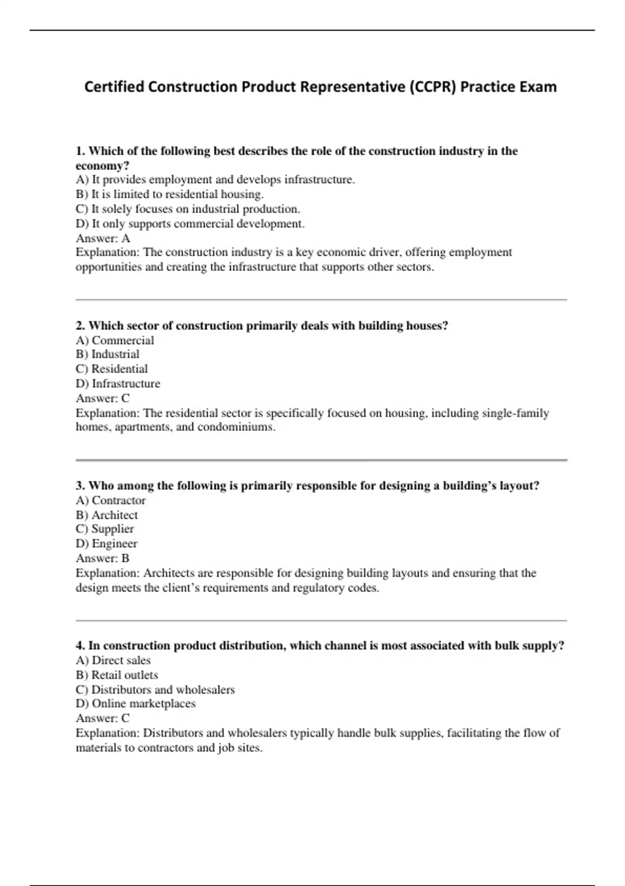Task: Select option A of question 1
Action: point(215,180)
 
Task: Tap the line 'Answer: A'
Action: point(103,238)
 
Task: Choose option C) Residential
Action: point(111,369)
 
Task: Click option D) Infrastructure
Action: point(118,384)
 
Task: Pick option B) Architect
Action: point(107,515)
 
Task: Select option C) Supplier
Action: point(105,529)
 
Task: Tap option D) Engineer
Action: point(106,544)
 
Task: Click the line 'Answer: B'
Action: point(102,558)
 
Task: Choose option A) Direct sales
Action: point(113,660)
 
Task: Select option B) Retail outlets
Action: point(117,675)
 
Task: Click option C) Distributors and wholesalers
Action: point(155,690)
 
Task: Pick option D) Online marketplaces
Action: point(135,704)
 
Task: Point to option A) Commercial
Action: point(115,340)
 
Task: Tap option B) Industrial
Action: point(107,354)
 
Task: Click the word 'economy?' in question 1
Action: point(102,166)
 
